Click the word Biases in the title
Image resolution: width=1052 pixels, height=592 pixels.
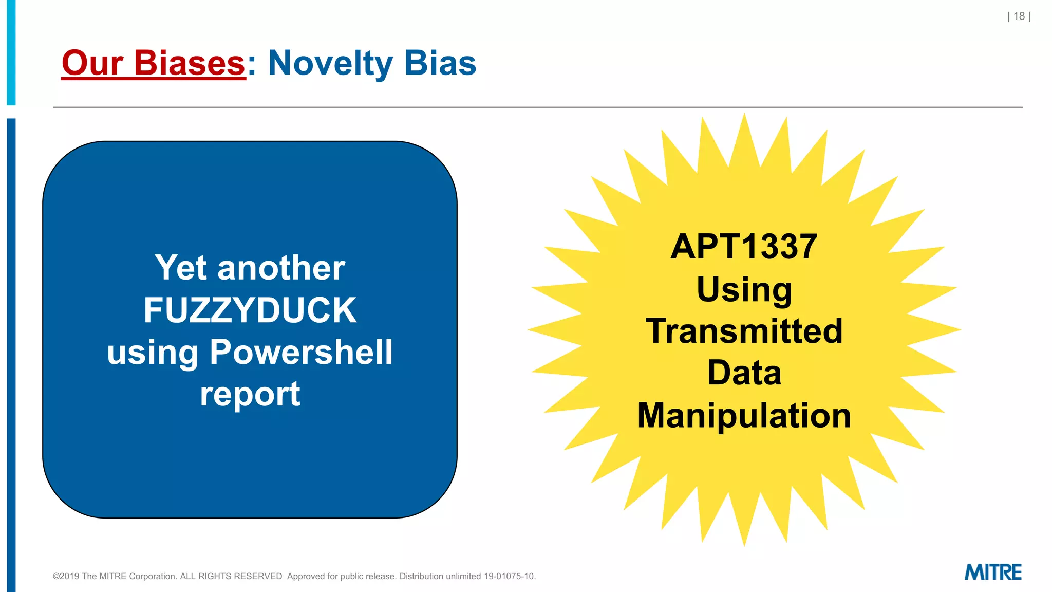[x=190, y=63]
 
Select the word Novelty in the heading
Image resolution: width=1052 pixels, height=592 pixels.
[x=330, y=63]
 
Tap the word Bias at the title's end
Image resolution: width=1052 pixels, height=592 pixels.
[x=440, y=63]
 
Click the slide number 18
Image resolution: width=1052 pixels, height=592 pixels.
[x=1019, y=16]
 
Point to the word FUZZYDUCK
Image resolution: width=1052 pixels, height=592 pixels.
[x=250, y=310]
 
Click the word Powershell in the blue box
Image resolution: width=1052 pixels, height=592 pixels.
[x=301, y=353]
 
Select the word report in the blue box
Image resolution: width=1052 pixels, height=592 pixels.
[x=250, y=395]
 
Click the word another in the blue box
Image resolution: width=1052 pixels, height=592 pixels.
[x=281, y=268]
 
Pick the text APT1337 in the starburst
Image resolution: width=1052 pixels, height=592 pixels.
[x=744, y=247]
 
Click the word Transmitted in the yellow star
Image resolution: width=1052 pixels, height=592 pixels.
[x=744, y=331]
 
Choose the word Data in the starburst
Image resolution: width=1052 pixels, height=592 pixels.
[x=744, y=373]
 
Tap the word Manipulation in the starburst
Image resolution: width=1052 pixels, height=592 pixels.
[x=744, y=415]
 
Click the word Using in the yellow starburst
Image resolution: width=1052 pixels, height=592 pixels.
[x=744, y=289]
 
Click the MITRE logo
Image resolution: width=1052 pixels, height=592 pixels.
[x=993, y=572]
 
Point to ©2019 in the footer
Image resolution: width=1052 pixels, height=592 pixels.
[x=66, y=577]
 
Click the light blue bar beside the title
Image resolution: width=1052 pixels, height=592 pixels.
[x=11, y=51]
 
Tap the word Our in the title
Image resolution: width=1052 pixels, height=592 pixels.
[x=92, y=63]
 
